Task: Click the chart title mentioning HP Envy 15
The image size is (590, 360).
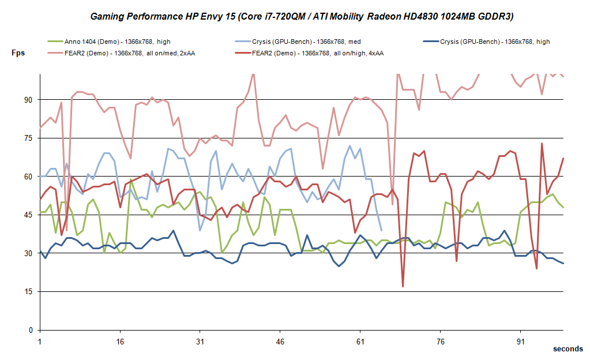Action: point(302,17)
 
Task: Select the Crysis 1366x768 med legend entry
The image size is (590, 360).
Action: point(305,42)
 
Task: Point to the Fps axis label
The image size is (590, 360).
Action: point(18,52)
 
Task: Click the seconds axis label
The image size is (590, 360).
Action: point(568,349)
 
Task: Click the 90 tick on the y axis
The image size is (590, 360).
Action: point(27,100)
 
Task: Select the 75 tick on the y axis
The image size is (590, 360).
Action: point(27,138)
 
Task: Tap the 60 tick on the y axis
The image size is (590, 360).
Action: point(27,177)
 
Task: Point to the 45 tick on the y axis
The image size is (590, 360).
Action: point(27,215)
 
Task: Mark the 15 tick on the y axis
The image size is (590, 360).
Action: point(27,292)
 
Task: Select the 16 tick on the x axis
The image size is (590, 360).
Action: point(120,341)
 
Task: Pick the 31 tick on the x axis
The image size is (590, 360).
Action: point(200,341)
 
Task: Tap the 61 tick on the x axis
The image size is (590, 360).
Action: point(360,341)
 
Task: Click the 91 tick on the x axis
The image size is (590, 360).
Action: point(521,341)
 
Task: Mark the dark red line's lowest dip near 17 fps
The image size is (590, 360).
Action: point(403,286)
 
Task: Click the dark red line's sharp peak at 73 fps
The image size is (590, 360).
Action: point(542,144)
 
